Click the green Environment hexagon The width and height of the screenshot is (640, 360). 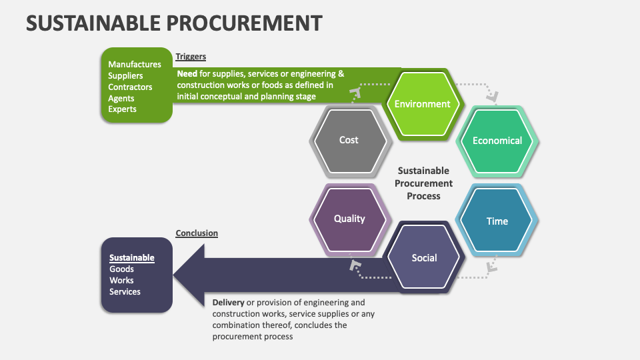coord(422,104)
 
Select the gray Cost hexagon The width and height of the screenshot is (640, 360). coord(349,140)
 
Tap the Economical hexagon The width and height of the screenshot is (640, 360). coord(497,141)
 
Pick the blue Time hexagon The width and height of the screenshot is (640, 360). coord(497,221)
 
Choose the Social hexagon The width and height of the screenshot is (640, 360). coord(424,258)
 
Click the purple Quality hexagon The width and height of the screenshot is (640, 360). coord(349,219)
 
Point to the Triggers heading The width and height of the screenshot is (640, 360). coord(191,57)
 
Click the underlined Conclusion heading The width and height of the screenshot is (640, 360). coord(197,233)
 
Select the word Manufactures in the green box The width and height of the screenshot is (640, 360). coord(135,65)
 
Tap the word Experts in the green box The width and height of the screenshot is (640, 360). coord(122,109)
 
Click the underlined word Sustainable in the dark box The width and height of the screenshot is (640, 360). coord(131,258)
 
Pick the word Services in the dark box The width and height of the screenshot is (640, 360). coord(125,292)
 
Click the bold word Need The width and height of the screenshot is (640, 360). coord(187,74)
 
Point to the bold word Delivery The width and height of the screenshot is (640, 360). coord(229,303)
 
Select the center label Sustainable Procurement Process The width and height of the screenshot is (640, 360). coord(423,183)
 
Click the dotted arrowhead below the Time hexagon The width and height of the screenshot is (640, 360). coord(491,267)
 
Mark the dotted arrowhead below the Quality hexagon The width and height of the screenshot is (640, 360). coord(355,267)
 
